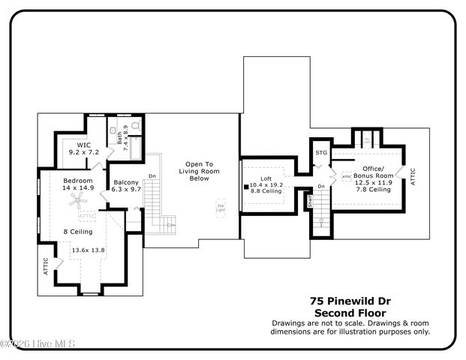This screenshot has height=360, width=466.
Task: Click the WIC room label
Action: pyautogui.click(x=84, y=145)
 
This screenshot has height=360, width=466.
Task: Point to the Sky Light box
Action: pyautogui.click(x=221, y=206)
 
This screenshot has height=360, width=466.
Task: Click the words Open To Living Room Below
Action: pyautogui.click(x=199, y=171)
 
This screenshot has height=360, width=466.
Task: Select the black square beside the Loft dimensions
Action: pyautogui.click(x=245, y=185)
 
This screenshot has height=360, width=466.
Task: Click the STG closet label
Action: pyautogui.click(x=322, y=152)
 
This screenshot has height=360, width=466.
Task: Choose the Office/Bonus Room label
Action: pyautogui.click(x=373, y=172)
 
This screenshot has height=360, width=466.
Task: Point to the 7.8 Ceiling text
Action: pyautogui.click(x=373, y=190)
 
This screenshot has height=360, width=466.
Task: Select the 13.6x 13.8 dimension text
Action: pyautogui.click(x=88, y=249)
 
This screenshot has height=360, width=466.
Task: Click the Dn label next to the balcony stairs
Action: pyautogui.click(x=152, y=177)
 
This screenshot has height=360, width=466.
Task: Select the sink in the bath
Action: pyautogui.click(x=121, y=129)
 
